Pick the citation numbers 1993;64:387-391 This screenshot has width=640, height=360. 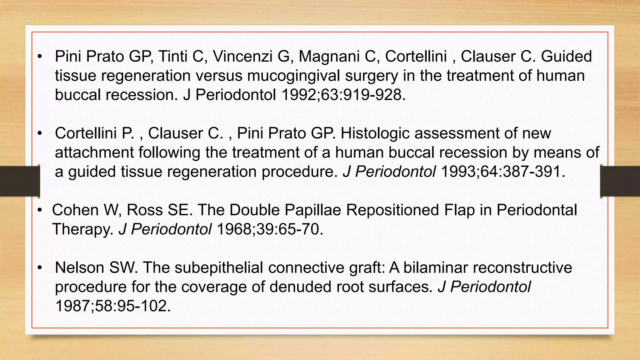503,172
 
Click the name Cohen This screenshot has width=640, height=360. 75,210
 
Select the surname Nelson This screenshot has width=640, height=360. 79,268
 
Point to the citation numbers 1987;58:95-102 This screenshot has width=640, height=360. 113,306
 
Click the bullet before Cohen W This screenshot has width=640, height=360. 40,210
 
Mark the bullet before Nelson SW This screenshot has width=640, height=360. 40,268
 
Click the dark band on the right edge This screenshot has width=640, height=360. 620,181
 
